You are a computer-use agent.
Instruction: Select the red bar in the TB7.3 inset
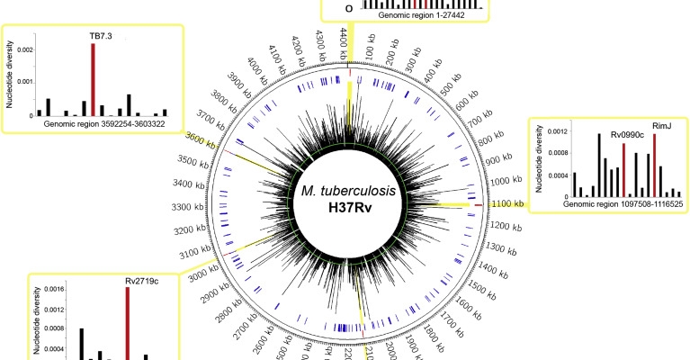coord(93,80)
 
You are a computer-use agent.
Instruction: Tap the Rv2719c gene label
coord(140,279)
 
